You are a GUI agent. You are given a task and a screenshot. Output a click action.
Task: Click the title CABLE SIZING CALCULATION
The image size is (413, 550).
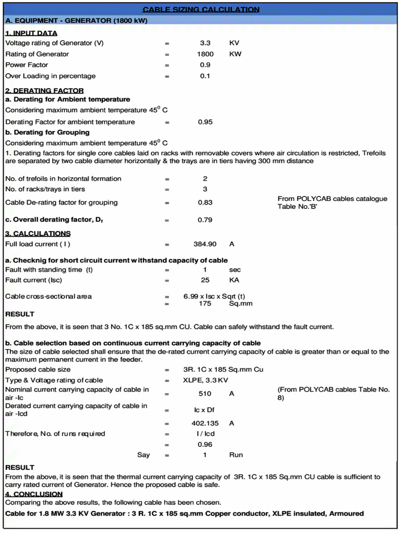click(201, 9)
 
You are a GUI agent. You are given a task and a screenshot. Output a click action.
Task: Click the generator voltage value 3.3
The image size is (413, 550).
click(205, 43)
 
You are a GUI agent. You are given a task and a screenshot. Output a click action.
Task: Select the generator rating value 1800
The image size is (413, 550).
click(205, 54)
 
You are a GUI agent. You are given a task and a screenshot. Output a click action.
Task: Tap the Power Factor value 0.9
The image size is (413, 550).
click(205, 65)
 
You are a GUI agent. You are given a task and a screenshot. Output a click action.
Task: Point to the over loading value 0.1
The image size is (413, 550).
click(205, 76)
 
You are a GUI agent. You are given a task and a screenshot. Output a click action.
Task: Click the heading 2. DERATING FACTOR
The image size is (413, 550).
click(44, 90)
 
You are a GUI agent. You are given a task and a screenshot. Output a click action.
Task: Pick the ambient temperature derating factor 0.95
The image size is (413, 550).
click(205, 122)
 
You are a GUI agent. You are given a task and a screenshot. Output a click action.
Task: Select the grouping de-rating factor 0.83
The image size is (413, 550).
click(205, 202)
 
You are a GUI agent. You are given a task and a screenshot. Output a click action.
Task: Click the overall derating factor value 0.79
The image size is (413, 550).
click(205, 220)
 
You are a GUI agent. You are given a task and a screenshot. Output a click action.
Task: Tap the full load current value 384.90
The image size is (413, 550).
click(205, 244)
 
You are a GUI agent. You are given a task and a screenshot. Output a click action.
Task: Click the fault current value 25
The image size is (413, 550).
click(205, 280)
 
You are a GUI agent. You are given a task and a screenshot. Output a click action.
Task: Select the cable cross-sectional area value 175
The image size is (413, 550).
click(205, 303)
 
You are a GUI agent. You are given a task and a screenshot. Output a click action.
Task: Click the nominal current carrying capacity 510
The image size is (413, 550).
click(205, 393)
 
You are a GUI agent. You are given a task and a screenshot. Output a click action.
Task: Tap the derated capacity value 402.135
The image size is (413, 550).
click(205, 423)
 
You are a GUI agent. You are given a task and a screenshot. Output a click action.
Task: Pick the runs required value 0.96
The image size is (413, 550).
click(205, 444)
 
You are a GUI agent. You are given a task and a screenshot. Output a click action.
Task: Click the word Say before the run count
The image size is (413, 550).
click(144, 455)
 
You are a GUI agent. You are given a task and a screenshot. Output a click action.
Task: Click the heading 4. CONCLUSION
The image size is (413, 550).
click(34, 494)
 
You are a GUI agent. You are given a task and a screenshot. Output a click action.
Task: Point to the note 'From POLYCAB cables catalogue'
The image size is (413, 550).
click(332, 199)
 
